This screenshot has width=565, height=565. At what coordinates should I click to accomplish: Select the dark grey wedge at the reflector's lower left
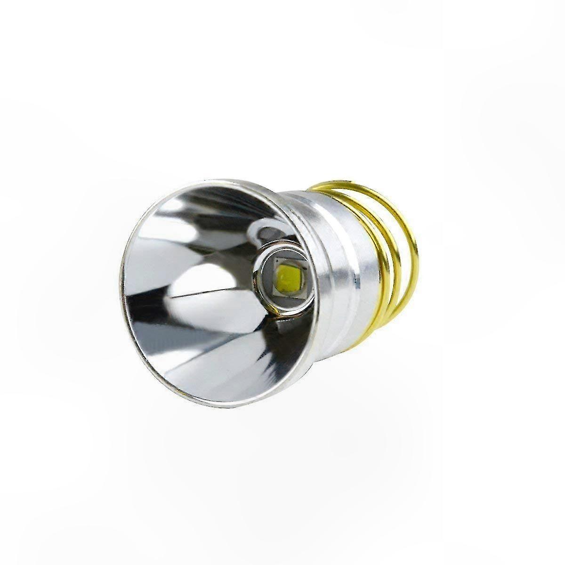155,339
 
